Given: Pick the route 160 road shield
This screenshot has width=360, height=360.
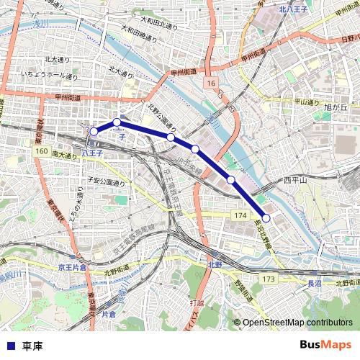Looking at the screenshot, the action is tap(41, 152).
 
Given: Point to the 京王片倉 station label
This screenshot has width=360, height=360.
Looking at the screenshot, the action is tap(72, 266).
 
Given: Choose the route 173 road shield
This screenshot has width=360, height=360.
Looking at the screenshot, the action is tap(269, 278).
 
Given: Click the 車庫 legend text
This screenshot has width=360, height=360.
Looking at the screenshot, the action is tap(32, 346).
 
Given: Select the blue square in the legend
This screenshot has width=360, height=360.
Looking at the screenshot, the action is tap(11, 346).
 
